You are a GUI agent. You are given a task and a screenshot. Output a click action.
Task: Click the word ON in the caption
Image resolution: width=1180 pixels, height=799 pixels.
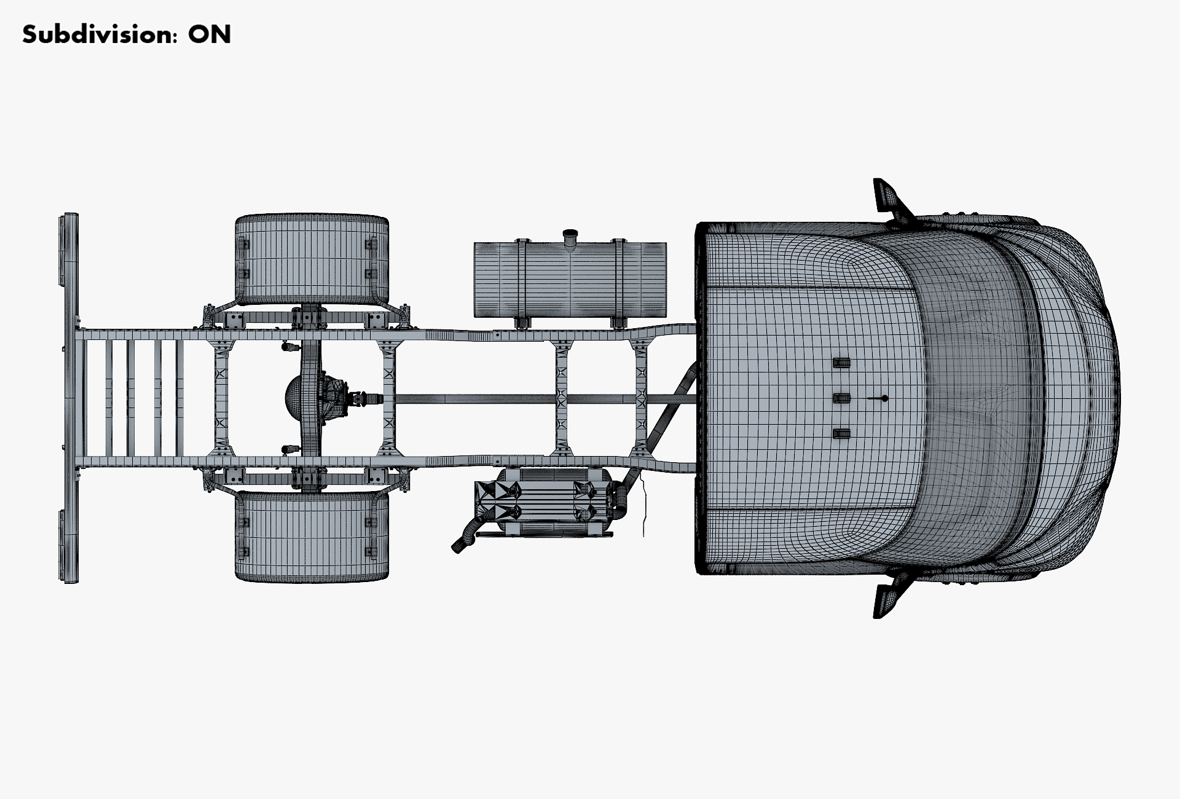(x=210, y=35)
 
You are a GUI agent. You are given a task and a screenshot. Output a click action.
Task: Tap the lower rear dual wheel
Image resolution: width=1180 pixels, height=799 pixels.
(x=312, y=536)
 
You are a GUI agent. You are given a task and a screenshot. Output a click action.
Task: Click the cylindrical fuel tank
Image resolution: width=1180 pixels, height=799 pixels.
(x=570, y=280)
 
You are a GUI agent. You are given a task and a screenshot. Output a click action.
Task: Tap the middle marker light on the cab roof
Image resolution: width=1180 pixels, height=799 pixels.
(x=841, y=399)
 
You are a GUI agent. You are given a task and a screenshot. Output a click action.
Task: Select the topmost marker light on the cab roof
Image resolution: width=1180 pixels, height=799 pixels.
(x=841, y=363)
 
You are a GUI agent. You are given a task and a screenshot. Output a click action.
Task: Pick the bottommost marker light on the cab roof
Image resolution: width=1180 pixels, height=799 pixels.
(x=841, y=434)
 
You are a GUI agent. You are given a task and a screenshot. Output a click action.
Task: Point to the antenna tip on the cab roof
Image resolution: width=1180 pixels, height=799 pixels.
(x=884, y=399)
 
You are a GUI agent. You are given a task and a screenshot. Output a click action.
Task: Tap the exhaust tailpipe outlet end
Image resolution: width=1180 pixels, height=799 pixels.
(x=457, y=546)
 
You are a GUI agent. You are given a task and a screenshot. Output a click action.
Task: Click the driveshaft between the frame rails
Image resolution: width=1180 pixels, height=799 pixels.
(x=473, y=399)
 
